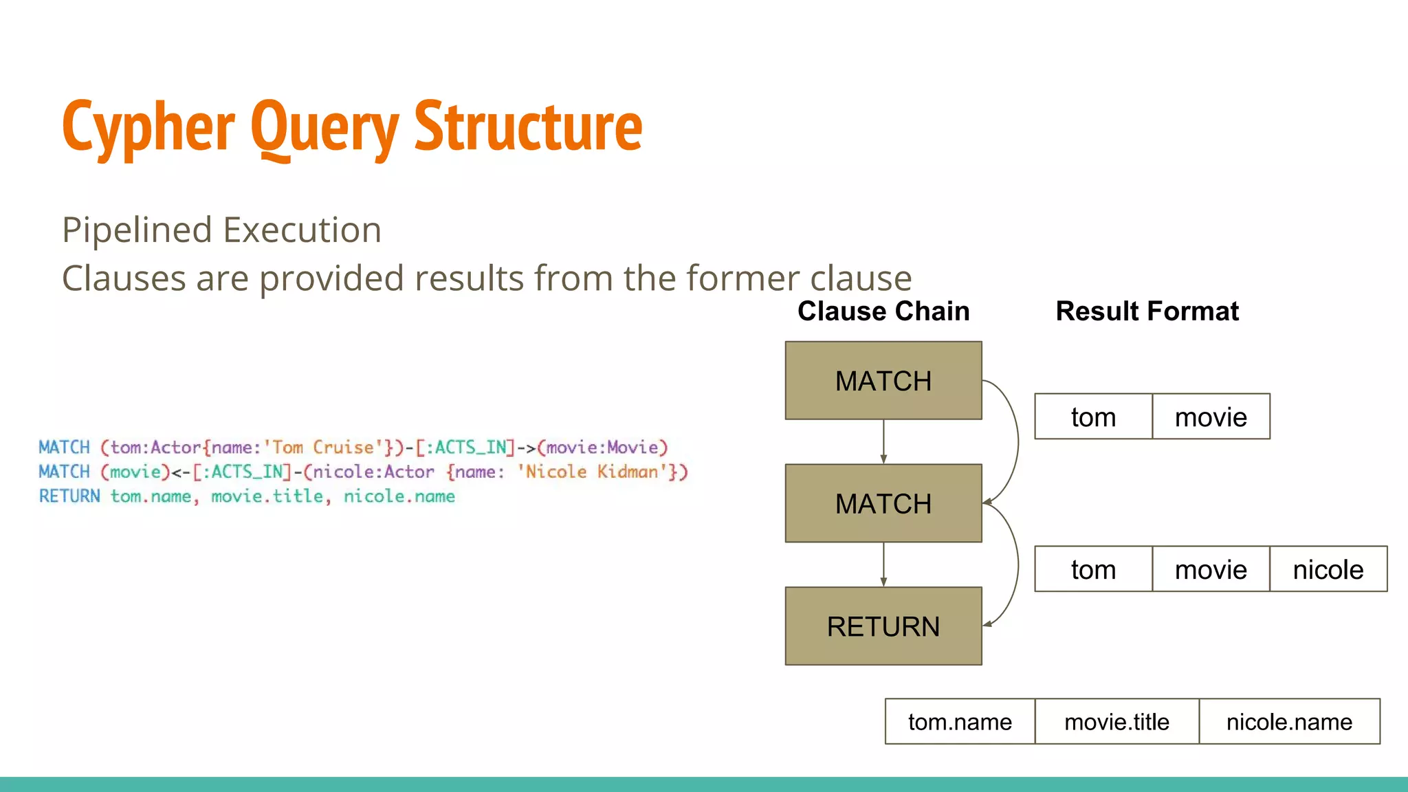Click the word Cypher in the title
148,127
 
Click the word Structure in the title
528,127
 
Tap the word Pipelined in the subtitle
137,230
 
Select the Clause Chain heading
883,311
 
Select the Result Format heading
1147,311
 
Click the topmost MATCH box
883,381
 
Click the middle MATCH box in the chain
883,504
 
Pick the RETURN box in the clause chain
883,626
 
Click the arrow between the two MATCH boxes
883,442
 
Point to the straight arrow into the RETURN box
883,564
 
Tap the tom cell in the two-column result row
1093,417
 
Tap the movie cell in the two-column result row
1211,417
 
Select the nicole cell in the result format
1328,570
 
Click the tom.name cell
960,722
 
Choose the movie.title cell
1116,722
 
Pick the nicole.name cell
1289,722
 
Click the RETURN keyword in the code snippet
69,496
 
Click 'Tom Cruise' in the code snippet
322,448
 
